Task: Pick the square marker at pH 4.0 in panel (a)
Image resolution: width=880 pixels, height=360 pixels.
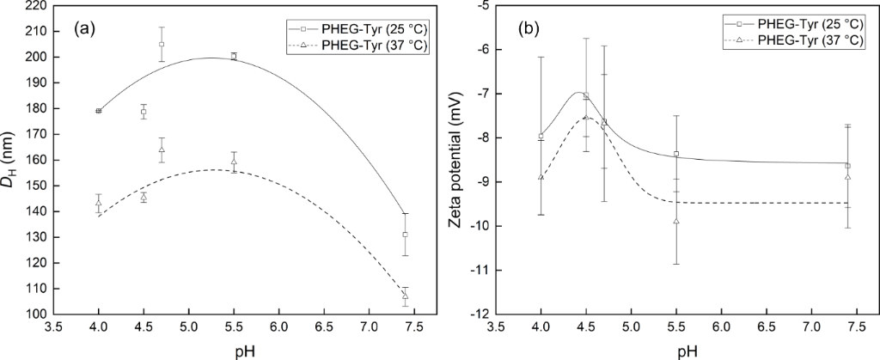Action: (99, 111)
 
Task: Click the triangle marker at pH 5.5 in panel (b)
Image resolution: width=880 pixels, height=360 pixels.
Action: (676, 221)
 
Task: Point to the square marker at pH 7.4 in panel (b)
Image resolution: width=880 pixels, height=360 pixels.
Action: (847, 166)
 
